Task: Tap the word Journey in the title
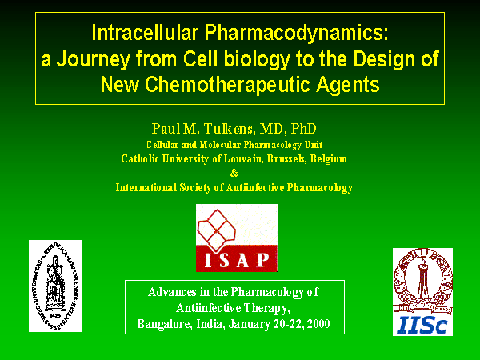click(94, 59)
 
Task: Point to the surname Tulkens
click(229, 129)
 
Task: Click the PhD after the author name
click(303, 129)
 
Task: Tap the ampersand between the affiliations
click(234, 173)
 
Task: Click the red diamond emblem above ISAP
click(217, 229)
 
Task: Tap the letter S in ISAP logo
click(224, 260)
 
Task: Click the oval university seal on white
click(55, 286)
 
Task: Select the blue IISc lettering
click(422, 325)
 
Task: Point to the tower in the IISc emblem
click(423, 277)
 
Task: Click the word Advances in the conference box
click(172, 292)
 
